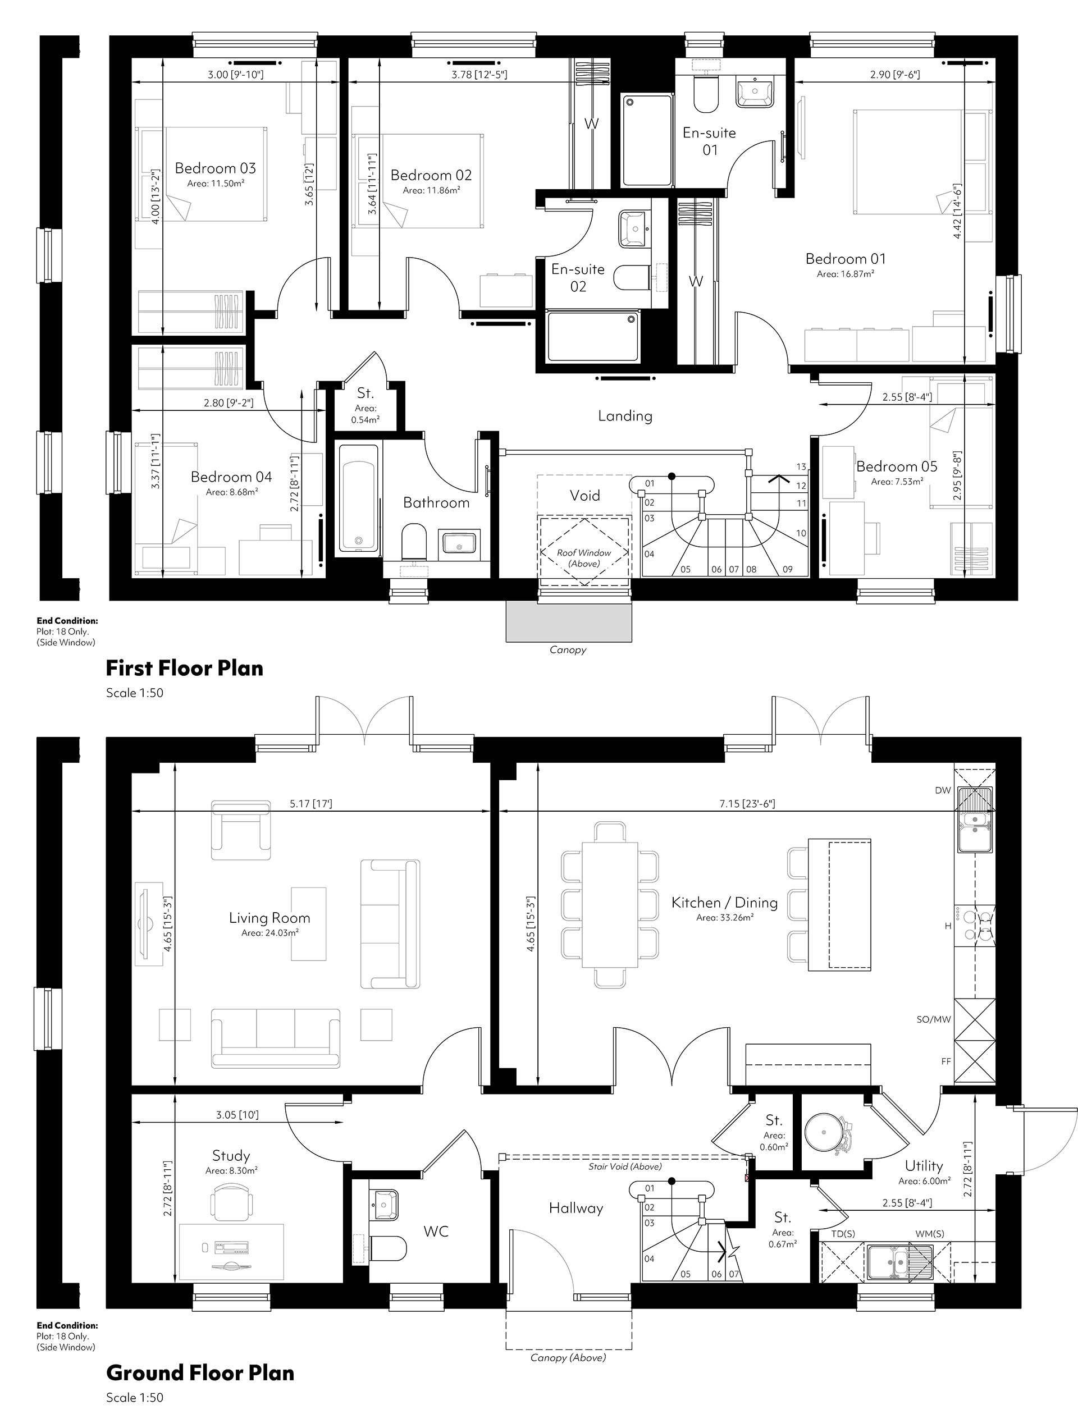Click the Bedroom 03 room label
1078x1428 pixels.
(215, 168)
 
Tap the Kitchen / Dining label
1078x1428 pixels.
(724, 903)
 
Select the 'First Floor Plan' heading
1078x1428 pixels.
(185, 667)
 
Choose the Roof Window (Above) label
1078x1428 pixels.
(584, 558)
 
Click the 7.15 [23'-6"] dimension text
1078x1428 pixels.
(747, 804)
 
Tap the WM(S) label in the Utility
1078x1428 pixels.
(929, 1233)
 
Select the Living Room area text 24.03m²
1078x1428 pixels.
(270, 932)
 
